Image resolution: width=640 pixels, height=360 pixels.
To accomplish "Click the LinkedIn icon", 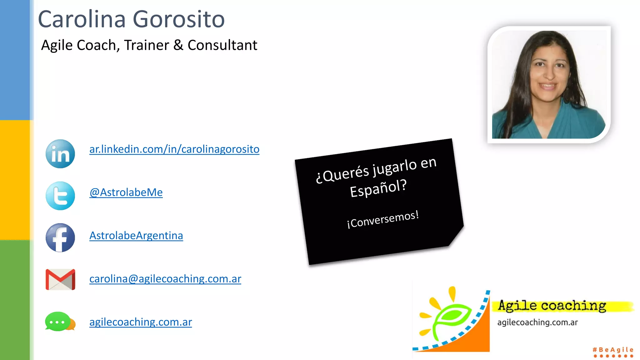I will click(60, 154).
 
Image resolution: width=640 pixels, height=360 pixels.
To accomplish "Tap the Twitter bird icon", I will click(60, 196).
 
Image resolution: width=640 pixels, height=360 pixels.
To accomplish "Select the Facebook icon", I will click(60, 237).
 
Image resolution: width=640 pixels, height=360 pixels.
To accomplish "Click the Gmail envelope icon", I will click(60, 279).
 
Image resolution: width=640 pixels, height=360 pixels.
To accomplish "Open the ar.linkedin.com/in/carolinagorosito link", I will click(174, 149).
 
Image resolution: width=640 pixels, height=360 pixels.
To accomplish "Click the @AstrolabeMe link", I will click(126, 192).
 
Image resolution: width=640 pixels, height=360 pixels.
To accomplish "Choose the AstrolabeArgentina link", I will click(136, 236).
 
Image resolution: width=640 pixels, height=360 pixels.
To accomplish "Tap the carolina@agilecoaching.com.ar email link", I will click(165, 279).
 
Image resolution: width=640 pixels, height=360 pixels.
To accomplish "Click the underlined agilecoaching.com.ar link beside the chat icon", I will click(141, 322).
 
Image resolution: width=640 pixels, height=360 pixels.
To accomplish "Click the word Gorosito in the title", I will click(179, 19).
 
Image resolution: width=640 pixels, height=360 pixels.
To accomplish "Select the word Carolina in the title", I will click(82, 19).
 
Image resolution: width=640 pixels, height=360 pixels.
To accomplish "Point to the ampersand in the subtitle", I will click(178, 45).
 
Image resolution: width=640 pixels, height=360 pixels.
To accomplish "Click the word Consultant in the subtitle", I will click(222, 45).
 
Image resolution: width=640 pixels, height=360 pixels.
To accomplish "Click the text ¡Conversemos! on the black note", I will click(383, 219).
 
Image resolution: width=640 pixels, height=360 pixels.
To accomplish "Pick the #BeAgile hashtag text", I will click(613, 350).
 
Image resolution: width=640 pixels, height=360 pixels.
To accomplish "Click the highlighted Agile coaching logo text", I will click(552, 306).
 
